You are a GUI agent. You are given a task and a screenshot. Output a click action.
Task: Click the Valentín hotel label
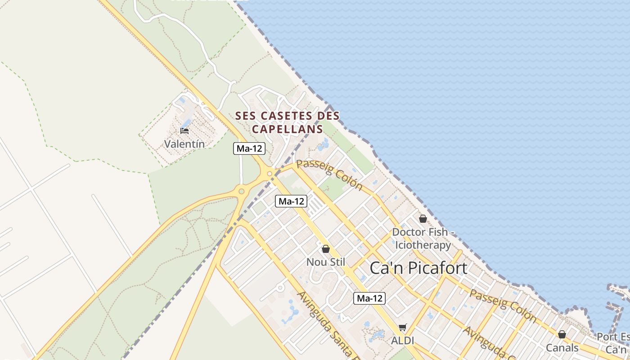[x=184, y=144]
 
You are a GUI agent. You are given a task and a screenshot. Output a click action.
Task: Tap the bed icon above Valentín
[x=184, y=131]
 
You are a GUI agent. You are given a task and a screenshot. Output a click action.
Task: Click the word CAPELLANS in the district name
[x=288, y=129]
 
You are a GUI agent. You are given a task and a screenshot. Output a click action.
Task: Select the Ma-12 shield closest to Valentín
[x=249, y=148]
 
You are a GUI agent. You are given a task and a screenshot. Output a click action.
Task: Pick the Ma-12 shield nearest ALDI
[x=369, y=298]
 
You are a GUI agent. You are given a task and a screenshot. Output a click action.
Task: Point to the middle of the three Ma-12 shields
[x=291, y=201]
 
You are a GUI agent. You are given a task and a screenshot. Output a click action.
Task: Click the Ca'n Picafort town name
[x=418, y=268]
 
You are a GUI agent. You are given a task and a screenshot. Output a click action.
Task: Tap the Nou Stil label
[x=325, y=262]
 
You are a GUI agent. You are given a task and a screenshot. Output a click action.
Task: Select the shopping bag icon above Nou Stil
[x=326, y=249]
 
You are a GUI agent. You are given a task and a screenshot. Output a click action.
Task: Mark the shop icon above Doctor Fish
[x=423, y=219]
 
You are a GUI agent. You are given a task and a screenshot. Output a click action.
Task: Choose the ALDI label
[x=402, y=341]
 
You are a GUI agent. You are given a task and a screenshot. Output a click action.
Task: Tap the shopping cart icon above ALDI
[x=402, y=328]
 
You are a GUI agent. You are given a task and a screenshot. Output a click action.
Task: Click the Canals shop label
[x=562, y=347]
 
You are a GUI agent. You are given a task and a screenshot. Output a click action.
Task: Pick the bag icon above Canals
[x=562, y=334]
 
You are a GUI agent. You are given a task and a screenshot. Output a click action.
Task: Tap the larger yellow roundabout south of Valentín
[x=242, y=191]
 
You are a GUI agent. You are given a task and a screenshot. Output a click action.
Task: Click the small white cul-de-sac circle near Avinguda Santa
[x=280, y=287]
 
